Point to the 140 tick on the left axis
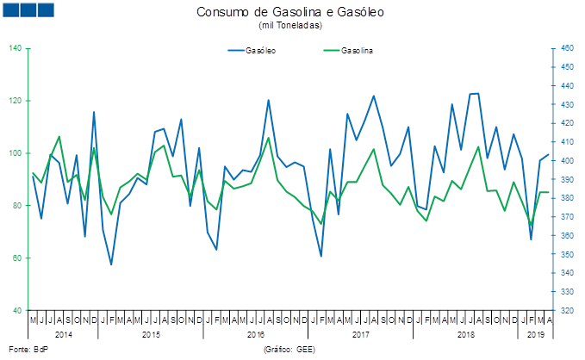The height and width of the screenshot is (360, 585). point(16,48)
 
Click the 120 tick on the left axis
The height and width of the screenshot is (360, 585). point(16,101)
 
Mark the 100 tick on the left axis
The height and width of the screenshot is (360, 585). point(16,153)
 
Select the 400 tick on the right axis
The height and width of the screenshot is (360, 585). point(567,161)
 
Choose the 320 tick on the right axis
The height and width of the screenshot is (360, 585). point(567,311)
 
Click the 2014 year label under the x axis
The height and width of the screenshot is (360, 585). point(64,333)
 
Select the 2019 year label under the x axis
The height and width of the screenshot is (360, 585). point(535,333)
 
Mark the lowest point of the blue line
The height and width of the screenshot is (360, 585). point(111,265)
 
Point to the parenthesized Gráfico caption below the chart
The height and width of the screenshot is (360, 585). point(289,350)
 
